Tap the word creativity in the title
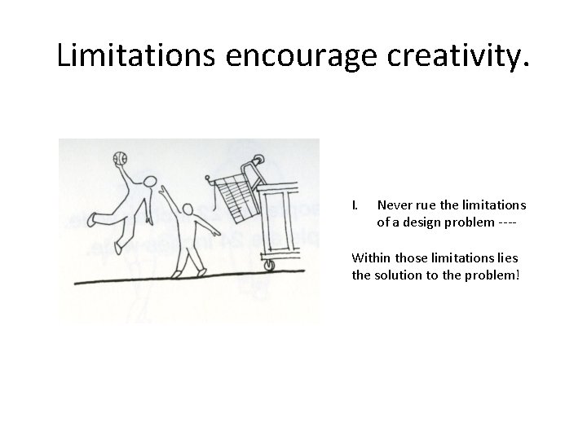pos(457,55)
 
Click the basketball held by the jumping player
pos(120,156)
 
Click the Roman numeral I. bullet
pos(355,205)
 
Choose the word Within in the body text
pos(370,258)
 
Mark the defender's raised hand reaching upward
pos(165,189)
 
